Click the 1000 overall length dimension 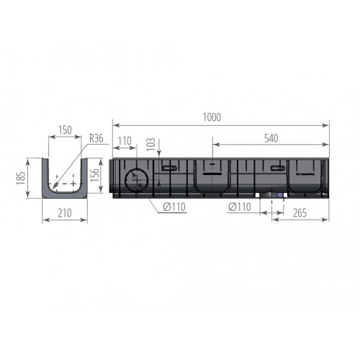(x=211, y=117)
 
